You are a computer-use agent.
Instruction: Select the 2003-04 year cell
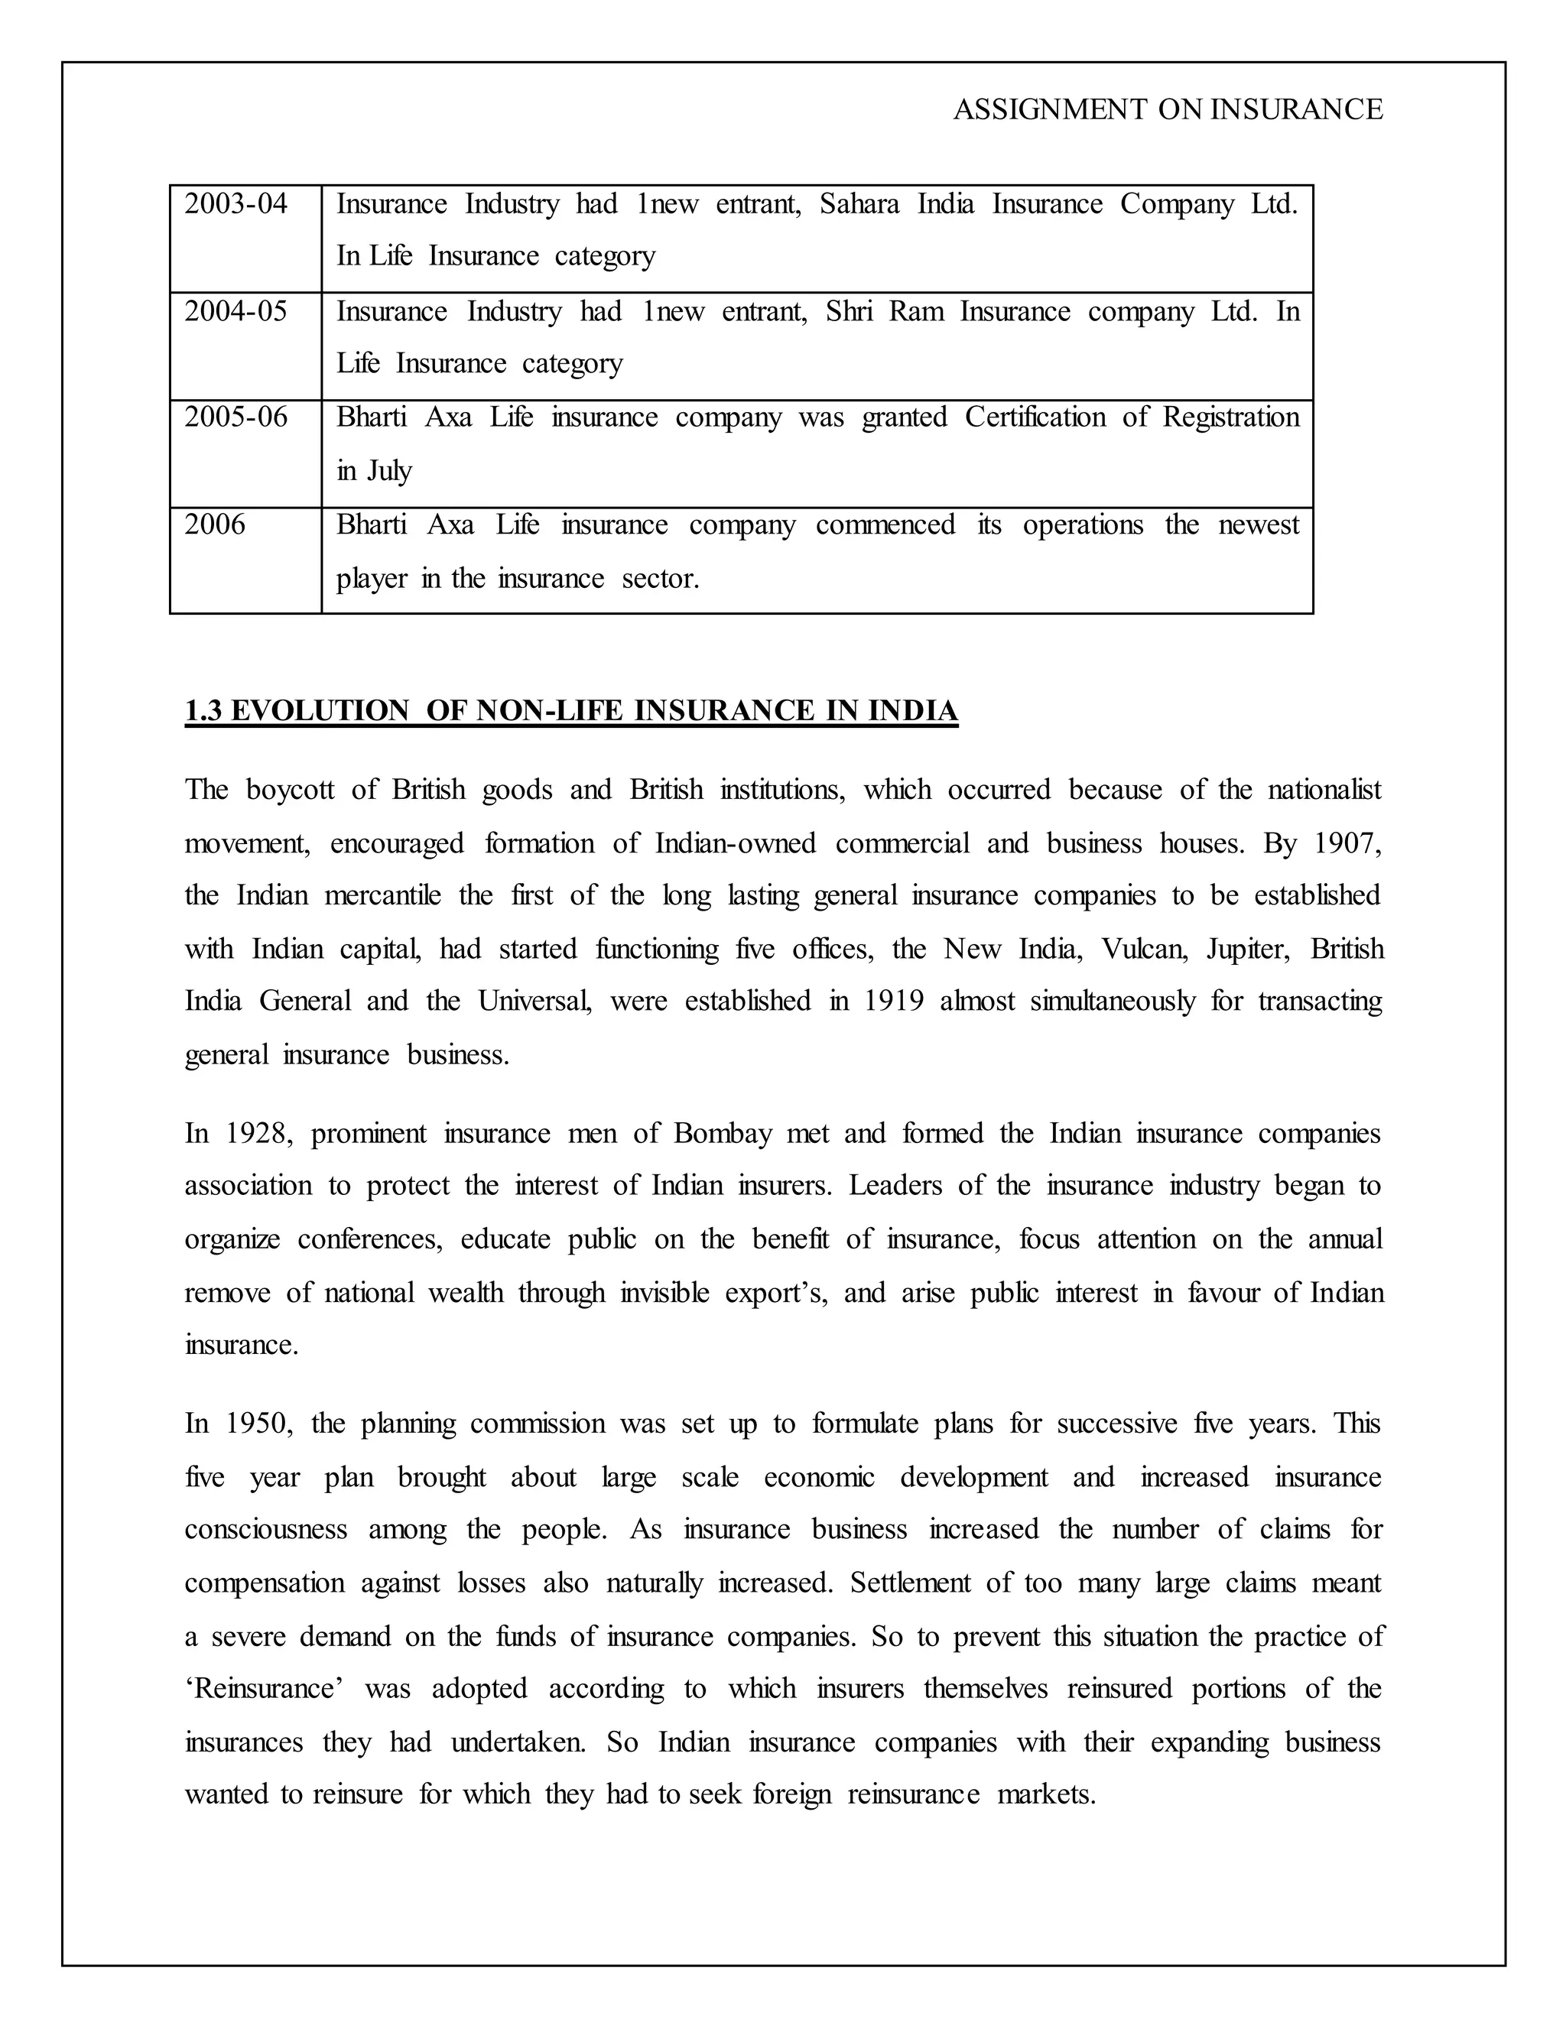(x=236, y=204)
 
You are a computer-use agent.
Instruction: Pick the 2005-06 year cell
(x=236, y=417)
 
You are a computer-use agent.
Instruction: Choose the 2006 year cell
(x=214, y=525)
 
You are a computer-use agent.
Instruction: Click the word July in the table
(x=388, y=471)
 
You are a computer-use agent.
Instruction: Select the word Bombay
(x=723, y=1134)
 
